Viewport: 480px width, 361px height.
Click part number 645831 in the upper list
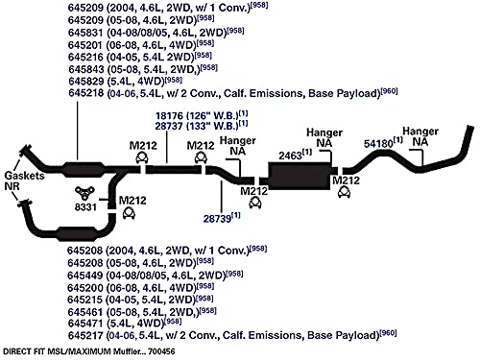click(85, 33)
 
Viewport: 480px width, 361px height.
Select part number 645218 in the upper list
click(86, 93)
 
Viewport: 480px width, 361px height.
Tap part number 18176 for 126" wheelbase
click(169, 116)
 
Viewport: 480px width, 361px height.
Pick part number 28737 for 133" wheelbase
click(169, 126)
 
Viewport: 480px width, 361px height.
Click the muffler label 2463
click(290, 156)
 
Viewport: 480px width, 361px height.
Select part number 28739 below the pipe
click(217, 219)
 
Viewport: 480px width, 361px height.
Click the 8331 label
click(85, 207)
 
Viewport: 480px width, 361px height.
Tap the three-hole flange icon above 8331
click(84, 193)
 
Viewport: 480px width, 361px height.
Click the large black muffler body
click(300, 176)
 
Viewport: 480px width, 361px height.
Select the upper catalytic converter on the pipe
click(84, 170)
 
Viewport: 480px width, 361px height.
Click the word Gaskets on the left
click(24, 176)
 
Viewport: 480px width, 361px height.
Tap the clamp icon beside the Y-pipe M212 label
click(129, 213)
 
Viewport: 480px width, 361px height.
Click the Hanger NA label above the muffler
click(324, 137)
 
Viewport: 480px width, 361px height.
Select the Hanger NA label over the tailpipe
click(420, 136)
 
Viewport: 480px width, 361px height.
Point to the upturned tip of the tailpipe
click(469, 128)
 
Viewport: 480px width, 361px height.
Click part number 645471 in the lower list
click(85, 324)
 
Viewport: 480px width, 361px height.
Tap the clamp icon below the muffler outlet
click(344, 192)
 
